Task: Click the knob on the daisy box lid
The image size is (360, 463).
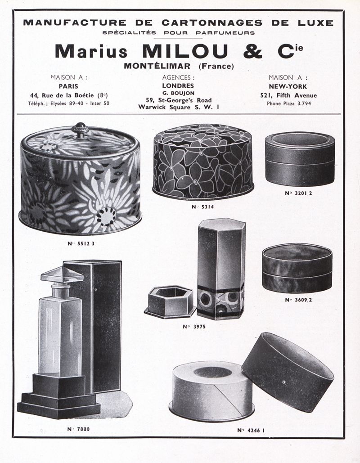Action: pos(80,130)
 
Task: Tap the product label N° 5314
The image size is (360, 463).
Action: pos(202,207)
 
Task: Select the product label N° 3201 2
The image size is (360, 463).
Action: pos(298,193)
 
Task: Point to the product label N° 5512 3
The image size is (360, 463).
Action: pos(81,243)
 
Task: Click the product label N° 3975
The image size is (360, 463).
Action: pos(194,327)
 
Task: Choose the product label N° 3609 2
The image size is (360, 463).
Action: pos(298,300)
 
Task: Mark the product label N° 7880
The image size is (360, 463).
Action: pos(78,429)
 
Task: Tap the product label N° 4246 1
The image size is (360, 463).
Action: pos(251,430)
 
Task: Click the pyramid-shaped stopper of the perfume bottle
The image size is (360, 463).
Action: pos(62,275)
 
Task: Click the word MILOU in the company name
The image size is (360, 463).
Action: pos(185,51)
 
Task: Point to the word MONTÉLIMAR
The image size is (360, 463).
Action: pos(157,66)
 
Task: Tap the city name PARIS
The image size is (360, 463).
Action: pos(68,86)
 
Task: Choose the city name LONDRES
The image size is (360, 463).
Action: pos(178,85)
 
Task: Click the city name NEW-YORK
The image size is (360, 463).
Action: pos(288,86)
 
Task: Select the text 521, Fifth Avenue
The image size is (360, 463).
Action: pos(288,95)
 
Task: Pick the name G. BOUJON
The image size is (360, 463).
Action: pos(178,93)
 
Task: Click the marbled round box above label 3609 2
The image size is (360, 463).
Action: pos(297,268)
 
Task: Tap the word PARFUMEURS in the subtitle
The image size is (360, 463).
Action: pos(225,33)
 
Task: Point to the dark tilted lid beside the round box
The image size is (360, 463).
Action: pos(288,372)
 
